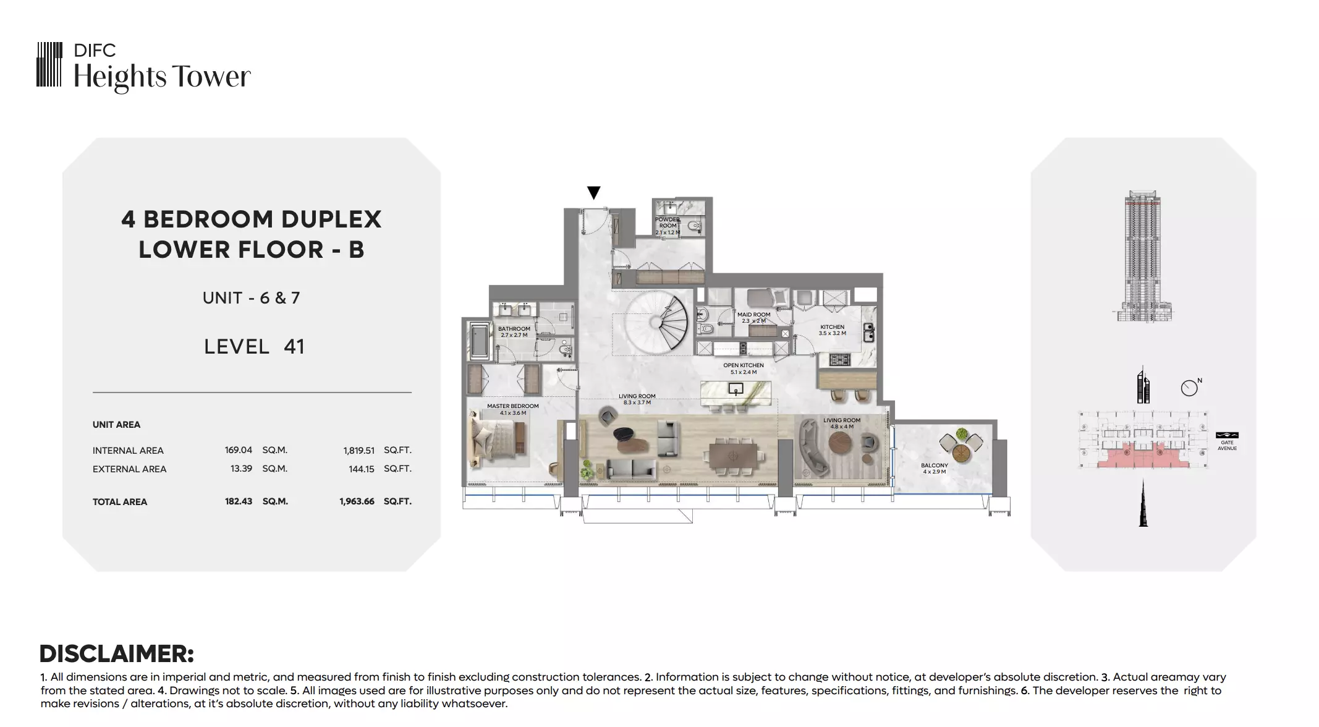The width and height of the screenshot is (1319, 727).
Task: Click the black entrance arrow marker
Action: coord(593,193)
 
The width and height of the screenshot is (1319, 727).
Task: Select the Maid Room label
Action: coord(754,318)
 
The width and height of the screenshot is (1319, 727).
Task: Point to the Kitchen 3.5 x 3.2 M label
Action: coord(832,330)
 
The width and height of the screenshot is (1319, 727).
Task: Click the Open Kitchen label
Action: coord(744,368)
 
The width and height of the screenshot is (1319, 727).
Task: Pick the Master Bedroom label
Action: coord(513,409)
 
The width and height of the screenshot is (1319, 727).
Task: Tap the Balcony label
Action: coord(934,469)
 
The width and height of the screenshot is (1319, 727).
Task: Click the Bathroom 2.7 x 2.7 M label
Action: coord(514,332)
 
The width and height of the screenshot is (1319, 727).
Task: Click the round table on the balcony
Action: coord(961,453)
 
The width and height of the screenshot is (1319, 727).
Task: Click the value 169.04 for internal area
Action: coord(239,450)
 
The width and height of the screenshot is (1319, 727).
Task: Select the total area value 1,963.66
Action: coord(357,501)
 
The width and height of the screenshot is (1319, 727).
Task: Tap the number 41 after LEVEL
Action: coord(294,347)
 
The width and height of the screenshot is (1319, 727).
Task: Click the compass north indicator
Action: coord(1191,386)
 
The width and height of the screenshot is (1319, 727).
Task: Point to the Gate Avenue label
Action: coord(1227,445)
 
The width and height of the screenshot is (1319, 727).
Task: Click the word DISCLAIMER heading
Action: coord(117,653)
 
